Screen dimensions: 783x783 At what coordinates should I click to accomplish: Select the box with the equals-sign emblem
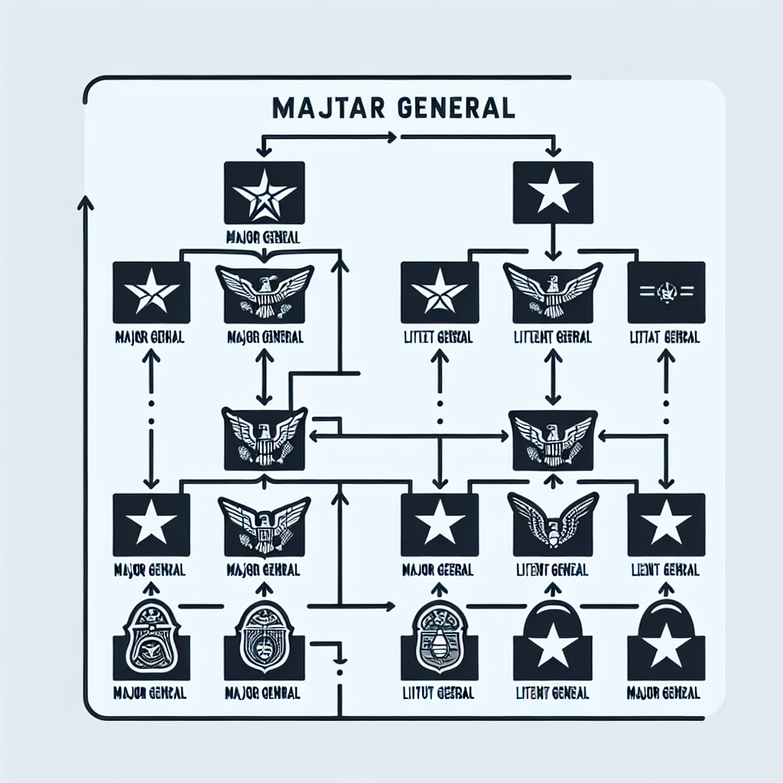tap(666, 291)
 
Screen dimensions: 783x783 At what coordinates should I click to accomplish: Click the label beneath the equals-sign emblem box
tap(664, 337)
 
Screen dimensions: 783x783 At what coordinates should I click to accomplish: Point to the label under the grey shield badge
tap(438, 694)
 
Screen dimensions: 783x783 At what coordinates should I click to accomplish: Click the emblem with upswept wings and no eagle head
tap(552, 523)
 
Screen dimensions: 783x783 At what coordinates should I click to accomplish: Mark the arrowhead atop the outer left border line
tap(85, 202)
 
